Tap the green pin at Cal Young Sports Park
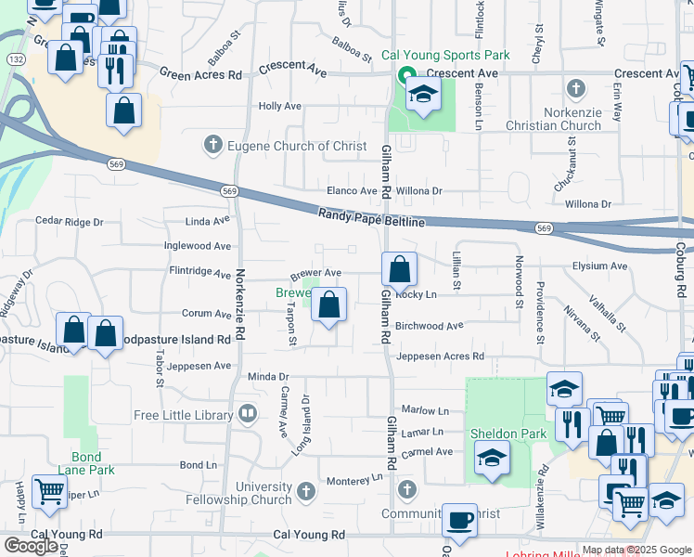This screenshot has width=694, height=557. pos(405,76)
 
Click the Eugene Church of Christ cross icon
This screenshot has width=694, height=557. pos(213,144)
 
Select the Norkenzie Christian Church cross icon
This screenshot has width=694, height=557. pos(576,89)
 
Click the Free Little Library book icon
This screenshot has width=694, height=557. pos(247,414)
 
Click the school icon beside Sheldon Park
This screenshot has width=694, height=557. pos(492,458)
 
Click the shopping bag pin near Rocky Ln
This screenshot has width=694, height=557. pos(399,270)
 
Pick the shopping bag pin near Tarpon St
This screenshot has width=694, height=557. pos(328,304)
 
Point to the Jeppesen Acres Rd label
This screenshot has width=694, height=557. pos(440,356)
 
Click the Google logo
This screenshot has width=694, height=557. pos(31,545)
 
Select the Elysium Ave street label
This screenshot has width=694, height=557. pos(600,266)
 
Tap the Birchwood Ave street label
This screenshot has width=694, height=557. pos(430,326)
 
